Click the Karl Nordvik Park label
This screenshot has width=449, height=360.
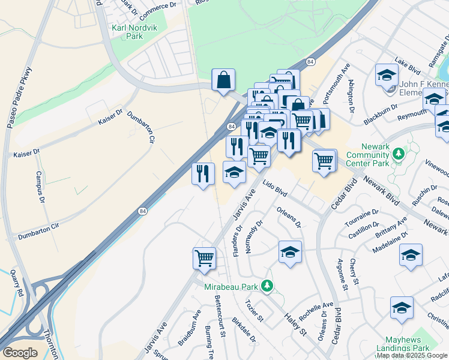tap(127, 32)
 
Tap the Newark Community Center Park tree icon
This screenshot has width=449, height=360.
tap(397, 155)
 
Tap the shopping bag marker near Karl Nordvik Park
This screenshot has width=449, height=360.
tap(223, 80)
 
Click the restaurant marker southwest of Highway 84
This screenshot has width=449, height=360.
tap(203, 174)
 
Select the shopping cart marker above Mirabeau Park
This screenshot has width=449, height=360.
tap(205, 258)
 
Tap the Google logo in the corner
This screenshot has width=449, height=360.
tap(20, 353)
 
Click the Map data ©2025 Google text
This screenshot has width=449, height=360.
tap(412, 355)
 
